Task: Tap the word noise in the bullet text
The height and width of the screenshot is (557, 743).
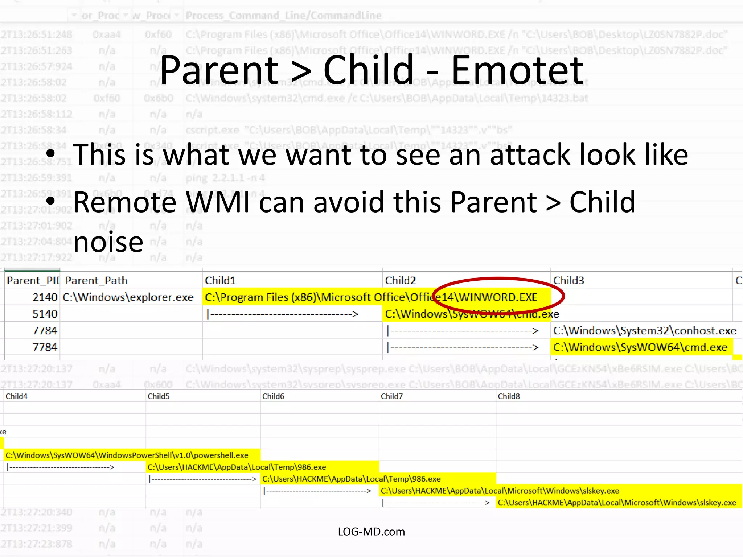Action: coord(108,242)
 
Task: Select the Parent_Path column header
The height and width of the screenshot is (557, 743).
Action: coord(96,280)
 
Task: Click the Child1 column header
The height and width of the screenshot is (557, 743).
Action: coord(220,280)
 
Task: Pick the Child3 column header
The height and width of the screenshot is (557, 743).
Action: coord(568,280)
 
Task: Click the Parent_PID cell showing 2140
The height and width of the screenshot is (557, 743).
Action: coord(45,297)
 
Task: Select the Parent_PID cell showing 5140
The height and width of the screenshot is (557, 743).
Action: coord(45,314)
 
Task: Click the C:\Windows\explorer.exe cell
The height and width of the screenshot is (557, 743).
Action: coord(128,297)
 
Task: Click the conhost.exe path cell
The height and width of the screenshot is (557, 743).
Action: coord(644,330)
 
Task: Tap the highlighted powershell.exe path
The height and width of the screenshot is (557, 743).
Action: coord(127,455)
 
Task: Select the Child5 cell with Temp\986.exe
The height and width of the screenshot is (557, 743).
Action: coord(237,467)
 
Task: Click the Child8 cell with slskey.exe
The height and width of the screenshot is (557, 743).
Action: coord(617,502)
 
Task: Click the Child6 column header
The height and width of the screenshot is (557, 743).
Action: coord(273,396)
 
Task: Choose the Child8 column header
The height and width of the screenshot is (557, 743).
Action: coord(509,396)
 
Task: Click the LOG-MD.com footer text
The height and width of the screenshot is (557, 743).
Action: coord(371,532)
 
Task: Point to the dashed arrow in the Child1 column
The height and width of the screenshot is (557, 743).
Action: coord(282,314)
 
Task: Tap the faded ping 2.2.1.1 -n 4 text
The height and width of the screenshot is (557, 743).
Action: coord(225,178)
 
